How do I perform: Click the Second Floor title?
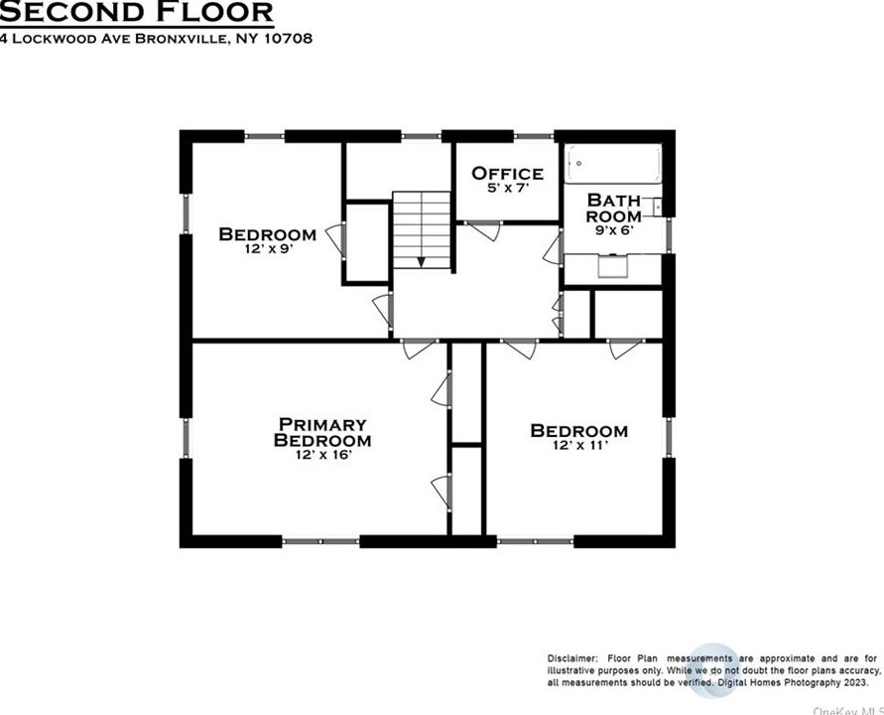[137, 12]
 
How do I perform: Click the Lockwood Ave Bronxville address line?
[156, 39]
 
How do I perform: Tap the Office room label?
[507, 173]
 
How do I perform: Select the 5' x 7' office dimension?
[508, 189]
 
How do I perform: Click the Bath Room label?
[614, 209]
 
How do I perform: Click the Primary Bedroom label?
[322, 432]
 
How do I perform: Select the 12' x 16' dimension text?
[323, 455]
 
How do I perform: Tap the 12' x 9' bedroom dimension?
[269, 249]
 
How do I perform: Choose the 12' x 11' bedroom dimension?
[580, 446]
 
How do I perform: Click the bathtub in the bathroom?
[613, 164]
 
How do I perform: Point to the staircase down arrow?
[421, 262]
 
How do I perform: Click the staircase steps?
[422, 229]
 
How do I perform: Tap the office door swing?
[485, 230]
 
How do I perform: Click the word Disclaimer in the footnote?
[571, 658]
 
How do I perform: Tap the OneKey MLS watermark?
[848, 709]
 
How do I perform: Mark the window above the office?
[534, 136]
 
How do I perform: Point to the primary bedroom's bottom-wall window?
[320, 542]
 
